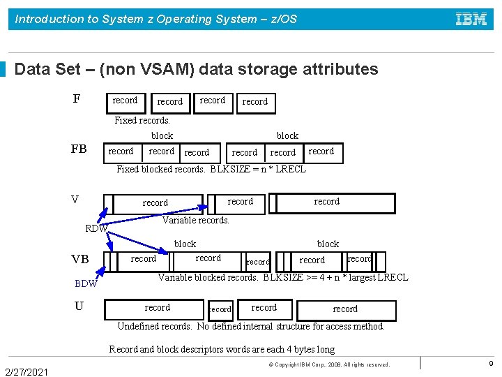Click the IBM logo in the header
click(471, 19)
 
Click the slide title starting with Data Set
click(196, 69)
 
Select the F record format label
click(76, 99)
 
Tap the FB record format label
click(79, 149)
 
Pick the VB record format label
click(80, 260)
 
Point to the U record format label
click(79, 306)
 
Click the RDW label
click(96, 228)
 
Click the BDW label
click(86, 283)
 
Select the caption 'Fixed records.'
click(142, 120)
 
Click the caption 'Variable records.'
click(196, 220)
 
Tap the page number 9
click(491, 364)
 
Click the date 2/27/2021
click(26, 371)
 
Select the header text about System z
click(156, 19)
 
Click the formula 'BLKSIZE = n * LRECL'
click(258, 169)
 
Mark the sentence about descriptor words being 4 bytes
click(222, 349)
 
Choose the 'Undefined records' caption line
click(251, 326)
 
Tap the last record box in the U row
click(346, 309)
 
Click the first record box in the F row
click(125, 101)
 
